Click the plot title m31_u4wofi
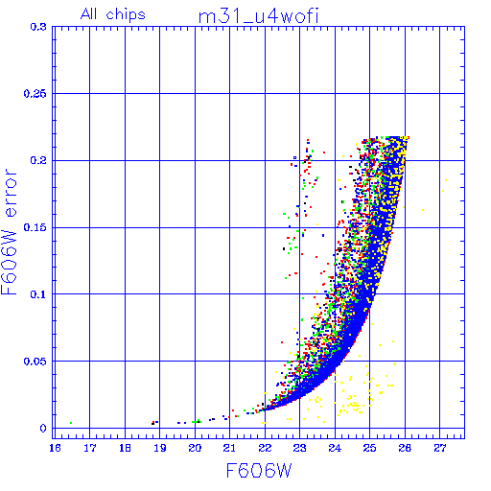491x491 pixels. tap(258, 16)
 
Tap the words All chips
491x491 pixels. tap(113, 14)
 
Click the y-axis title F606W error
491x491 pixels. tap(9, 232)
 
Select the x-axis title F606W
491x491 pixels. tap(259, 471)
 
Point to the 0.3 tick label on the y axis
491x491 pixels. tap(38, 27)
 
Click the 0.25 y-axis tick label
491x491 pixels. tap(35, 94)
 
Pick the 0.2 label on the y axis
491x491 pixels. tap(38, 160)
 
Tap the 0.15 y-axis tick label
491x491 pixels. tap(35, 227)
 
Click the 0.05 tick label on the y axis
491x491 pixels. tap(35, 362)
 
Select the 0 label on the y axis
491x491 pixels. tap(43, 429)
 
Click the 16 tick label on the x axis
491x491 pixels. tap(55, 448)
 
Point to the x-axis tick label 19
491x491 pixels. tap(160, 448)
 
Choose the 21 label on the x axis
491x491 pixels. tap(229, 448)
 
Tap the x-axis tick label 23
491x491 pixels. tap(300, 448)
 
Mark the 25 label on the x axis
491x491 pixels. tap(370, 448)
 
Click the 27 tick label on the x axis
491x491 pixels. tap(440, 448)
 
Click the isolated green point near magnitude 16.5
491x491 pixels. tap(71, 423)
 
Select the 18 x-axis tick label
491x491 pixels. tap(125, 448)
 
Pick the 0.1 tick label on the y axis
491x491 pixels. tap(38, 294)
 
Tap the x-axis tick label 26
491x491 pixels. tap(405, 448)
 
